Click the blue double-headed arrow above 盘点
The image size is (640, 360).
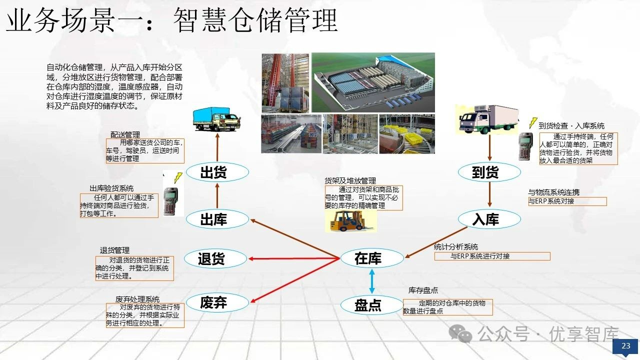(371, 281)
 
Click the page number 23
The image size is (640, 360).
(625, 346)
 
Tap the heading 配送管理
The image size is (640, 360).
(125, 135)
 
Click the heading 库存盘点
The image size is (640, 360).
(423, 290)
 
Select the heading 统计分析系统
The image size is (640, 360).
(455, 246)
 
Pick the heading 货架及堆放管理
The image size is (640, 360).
(350, 180)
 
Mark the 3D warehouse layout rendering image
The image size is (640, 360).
(373, 82)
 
